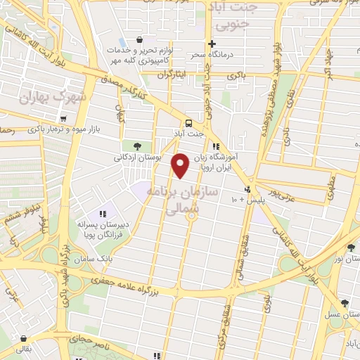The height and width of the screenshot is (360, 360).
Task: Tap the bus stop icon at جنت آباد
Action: click(188, 121)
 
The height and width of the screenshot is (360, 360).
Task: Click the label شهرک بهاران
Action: click(53, 97)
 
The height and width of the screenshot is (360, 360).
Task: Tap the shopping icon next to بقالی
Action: click(23, 338)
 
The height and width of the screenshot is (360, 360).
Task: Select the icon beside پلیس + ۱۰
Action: click(247, 190)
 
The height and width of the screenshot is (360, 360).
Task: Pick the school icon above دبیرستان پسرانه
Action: click(103, 214)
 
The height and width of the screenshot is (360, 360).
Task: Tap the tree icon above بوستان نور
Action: click(350, 247)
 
